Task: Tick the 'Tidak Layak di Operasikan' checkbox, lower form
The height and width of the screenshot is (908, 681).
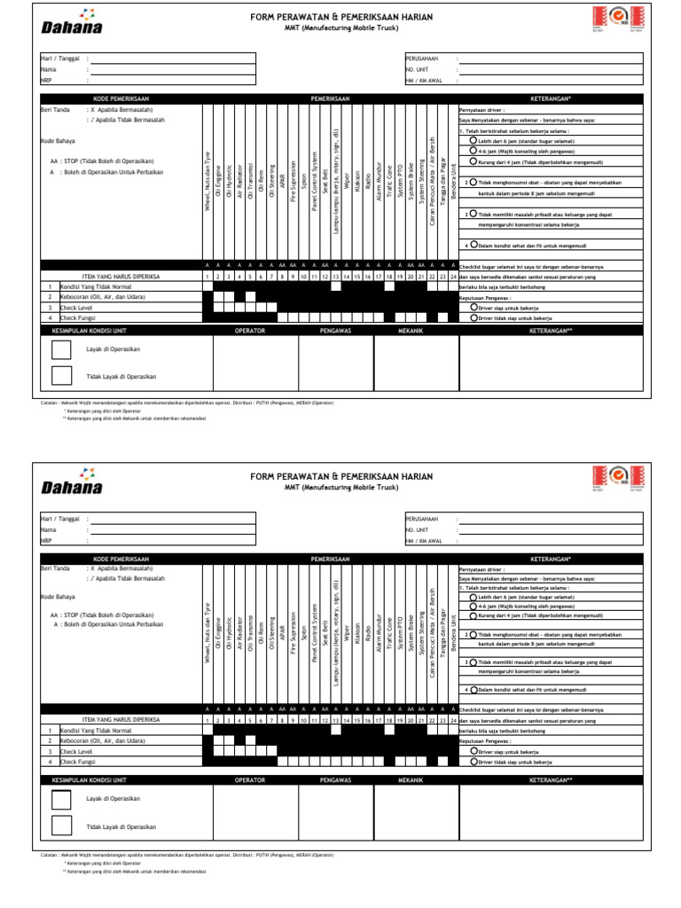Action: click(63, 826)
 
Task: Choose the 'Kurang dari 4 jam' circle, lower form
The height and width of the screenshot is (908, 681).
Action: click(473, 614)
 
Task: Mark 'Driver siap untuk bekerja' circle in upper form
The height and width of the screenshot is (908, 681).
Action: click(474, 307)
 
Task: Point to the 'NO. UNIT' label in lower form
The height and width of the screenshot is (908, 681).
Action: click(417, 528)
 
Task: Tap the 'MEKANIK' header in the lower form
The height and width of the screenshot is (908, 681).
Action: click(411, 779)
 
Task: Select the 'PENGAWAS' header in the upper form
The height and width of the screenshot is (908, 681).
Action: click(335, 330)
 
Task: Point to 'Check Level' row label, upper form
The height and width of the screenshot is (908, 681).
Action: click(76, 307)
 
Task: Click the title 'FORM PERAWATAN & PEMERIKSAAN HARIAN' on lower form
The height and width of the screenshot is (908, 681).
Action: click(341, 476)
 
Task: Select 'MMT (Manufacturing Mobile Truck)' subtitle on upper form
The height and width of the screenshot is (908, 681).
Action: click(341, 28)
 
